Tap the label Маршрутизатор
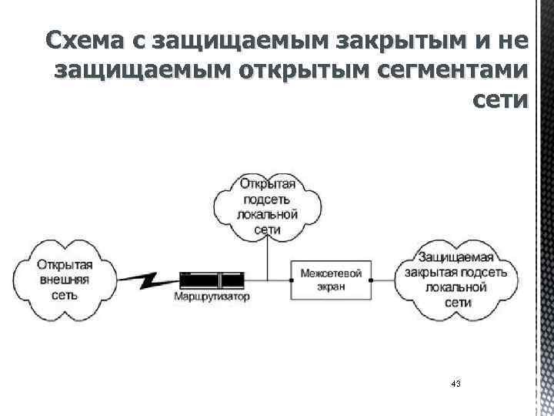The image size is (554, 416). point(212,297)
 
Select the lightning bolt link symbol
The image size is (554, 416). point(154,278)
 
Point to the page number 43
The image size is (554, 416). point(456,384)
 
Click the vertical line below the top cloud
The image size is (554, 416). point(268,258)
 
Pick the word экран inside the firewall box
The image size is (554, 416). point(332,286)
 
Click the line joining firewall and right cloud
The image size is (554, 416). point(385,279)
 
